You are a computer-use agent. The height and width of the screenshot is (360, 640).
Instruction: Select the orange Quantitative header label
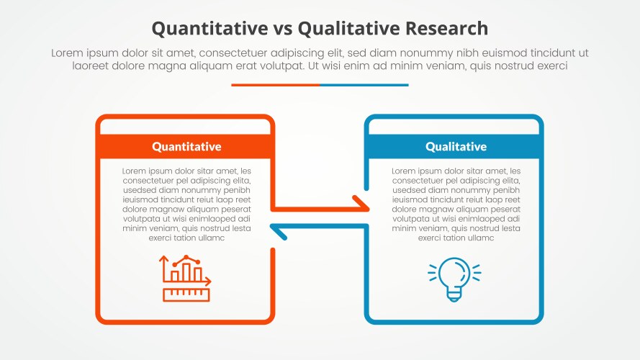coord(186,147)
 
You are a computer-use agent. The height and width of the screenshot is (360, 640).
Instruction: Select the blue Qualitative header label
coord(456,147)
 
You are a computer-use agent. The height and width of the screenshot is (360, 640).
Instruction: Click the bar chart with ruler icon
coord(186,278)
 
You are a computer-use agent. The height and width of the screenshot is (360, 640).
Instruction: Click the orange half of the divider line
coord(275,85)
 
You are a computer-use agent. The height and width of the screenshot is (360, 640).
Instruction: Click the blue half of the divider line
coord(364,85)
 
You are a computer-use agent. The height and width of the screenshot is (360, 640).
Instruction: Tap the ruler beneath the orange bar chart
coord(186,294)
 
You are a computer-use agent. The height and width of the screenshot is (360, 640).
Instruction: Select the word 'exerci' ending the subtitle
coord(552,66)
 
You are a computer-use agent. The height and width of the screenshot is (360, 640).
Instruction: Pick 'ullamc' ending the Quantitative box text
coord(209,238)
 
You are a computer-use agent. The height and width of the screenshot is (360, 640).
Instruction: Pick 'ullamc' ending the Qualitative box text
coord(479,238)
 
